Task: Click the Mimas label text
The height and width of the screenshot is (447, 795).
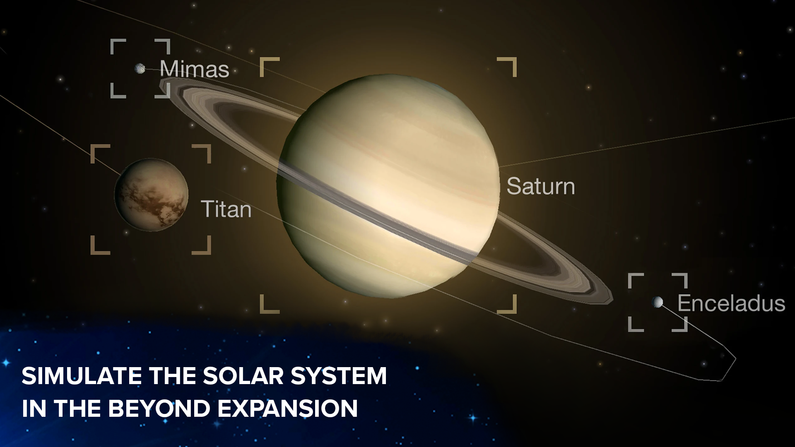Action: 194,69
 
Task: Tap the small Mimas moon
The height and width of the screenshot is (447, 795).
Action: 140,68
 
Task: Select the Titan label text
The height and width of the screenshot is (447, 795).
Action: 226,209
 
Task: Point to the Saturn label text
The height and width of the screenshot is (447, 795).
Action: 541,186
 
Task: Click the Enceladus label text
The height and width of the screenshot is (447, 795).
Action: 731,303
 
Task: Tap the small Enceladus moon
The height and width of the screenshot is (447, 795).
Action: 657,302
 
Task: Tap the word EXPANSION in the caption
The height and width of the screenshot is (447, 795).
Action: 288,408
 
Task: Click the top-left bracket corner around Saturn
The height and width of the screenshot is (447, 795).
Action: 262,60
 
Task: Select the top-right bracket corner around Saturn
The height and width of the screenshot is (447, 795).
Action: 515,60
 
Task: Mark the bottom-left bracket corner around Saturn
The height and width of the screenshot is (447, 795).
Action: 262,311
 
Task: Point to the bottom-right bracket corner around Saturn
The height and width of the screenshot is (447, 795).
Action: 515,311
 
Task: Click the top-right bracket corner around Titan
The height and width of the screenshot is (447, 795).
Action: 209,147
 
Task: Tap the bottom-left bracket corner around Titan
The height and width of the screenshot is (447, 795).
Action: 92,252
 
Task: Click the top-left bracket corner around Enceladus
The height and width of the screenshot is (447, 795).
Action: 630,275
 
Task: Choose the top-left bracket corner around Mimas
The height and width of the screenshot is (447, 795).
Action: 112,41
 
